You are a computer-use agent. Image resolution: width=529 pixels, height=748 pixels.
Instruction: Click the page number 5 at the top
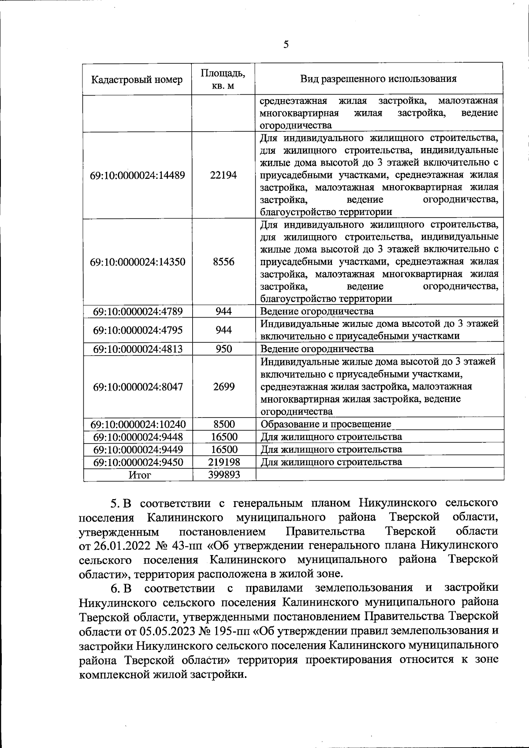(x=286, y=44)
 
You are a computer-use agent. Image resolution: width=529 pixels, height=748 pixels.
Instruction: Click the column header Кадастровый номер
(x=137, y=79)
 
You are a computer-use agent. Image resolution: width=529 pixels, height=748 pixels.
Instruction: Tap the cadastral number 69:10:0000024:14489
(x=137, y=175)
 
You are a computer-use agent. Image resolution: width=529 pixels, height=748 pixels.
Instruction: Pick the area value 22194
(x=224, y=175)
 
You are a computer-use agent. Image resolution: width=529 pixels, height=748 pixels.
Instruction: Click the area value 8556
(x=224, y=262)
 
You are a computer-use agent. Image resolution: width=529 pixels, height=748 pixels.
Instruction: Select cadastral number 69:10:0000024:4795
(x=138, y=330)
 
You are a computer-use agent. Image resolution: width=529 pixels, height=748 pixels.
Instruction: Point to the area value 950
(x=224, y=349)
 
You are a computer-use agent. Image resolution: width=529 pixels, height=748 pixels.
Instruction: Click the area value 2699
(x=224, y=387)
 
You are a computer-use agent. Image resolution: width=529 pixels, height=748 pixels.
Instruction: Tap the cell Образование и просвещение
(x=326, y=424)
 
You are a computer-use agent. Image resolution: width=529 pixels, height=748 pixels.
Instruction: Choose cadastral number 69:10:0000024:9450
(x=138, y=462)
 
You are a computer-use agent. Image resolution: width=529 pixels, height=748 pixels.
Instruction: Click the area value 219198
(x=224, y=462)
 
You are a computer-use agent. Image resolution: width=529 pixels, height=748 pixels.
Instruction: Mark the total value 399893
(x=224, y=475)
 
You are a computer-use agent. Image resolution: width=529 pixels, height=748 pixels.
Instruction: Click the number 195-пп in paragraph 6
(x=233, y=630)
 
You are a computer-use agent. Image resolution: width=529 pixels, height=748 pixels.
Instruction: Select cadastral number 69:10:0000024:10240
(x=138, y=424)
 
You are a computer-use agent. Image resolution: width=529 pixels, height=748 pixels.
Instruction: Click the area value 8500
(x=224, y=424)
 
